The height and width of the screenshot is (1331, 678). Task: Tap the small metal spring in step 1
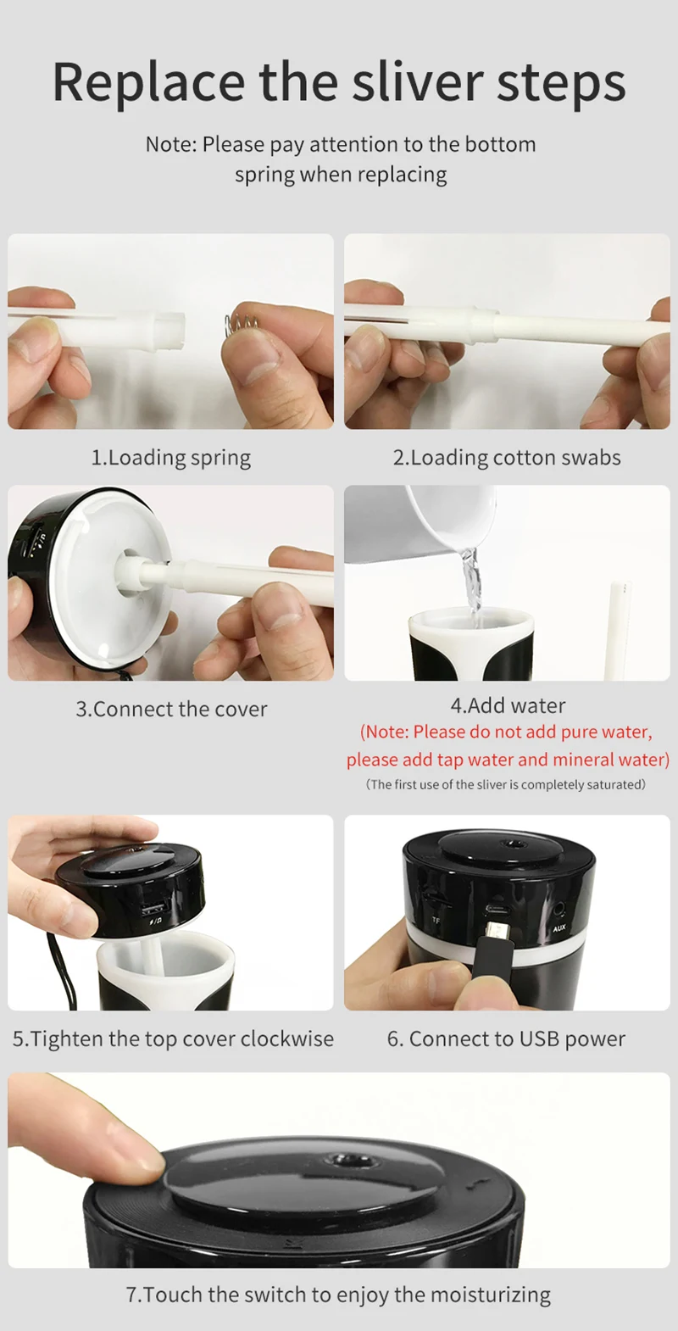(242, 325)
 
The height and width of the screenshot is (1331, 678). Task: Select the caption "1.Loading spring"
(171, 458)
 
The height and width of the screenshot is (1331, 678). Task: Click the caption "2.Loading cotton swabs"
(507, 458)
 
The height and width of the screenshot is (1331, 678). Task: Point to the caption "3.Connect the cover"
(171, 709)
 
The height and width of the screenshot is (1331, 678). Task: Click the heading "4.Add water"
(508, 705)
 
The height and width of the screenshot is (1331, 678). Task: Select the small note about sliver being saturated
(506, 784)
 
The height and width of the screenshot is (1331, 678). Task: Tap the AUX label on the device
(559, 927)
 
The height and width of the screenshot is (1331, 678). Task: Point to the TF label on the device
(436, 920)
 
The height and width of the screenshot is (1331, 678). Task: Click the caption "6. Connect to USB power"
(506, 1039)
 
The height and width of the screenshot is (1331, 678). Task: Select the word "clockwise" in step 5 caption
(287, 1039)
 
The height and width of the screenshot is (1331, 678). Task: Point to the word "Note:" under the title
(170, 144)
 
